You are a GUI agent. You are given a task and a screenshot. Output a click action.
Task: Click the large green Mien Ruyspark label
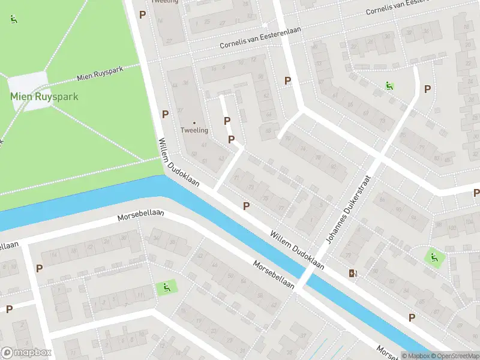[x=44, y=96]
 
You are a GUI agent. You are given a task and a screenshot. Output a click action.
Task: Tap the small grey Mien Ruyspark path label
[x=100, y=74]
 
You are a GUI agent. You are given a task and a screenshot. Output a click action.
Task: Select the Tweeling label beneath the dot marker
[x=194, y=130]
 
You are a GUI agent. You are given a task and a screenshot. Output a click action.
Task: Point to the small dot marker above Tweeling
[x=194, y=123]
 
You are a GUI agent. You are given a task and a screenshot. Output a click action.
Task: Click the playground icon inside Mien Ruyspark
[x=14, y=19]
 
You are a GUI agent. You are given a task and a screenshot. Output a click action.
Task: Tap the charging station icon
[x=352, y=274]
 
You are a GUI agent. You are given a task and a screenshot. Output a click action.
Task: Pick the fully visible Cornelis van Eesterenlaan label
[x=260, y=37]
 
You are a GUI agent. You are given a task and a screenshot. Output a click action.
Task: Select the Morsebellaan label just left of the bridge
[x=274, y=274]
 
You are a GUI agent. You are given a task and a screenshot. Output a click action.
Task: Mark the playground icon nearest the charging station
[x=434, y=258]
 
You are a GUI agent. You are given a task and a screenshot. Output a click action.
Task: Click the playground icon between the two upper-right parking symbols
[x=390, y=86]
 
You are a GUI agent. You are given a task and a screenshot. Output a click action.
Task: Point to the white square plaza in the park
[x=28, y=91]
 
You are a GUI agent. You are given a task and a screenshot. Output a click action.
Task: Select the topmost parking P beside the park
[x=142, y=14]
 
